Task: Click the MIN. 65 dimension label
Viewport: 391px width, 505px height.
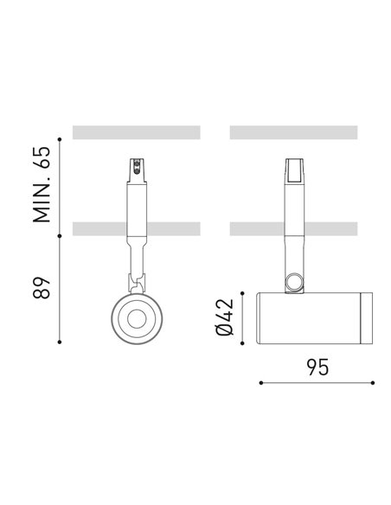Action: (42, 185)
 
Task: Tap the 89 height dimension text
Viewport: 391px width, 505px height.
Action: (42, 287)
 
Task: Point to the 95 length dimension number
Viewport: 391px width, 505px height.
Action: (317, 367)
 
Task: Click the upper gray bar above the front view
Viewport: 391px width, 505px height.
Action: (137, 132)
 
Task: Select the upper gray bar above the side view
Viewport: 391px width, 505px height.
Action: (294, 132)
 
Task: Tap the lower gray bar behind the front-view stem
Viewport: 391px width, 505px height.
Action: (95, 229)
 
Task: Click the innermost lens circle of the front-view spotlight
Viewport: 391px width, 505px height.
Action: (136, 319)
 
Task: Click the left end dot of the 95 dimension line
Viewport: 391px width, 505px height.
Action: (260, 381)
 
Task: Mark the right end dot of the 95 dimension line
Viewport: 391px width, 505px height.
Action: (373, 381)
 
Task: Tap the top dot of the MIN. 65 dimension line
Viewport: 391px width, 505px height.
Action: (60, 138)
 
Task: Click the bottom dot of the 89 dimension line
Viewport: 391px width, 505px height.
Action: (60, 342)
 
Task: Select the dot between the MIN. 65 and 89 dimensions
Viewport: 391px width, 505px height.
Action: (60, 236)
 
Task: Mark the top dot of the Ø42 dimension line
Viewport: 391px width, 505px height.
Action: (245, 293)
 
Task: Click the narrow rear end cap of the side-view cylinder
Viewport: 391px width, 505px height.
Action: (368, 317)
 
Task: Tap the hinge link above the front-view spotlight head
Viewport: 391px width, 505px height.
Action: (136, 281)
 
